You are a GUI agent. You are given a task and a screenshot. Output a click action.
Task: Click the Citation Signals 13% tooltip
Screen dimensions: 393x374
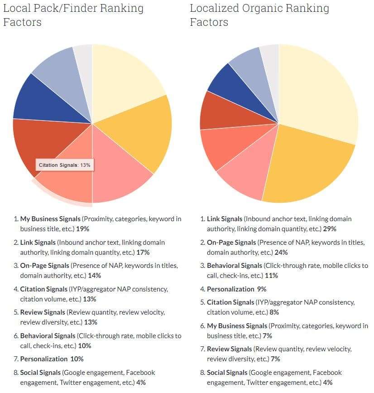[x=65, y=165]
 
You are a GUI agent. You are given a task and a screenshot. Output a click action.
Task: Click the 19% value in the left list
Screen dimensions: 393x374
[x=82, y=228]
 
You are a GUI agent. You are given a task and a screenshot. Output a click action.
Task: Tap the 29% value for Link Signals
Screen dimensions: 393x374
[x=330, y=228]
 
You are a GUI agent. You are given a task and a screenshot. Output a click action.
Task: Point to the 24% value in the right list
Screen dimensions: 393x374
[x=281, y=252]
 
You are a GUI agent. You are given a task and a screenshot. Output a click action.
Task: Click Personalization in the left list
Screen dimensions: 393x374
[x=44, y=359]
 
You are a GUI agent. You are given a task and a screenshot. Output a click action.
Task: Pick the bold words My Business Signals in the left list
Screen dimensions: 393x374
[x=50, y=219]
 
